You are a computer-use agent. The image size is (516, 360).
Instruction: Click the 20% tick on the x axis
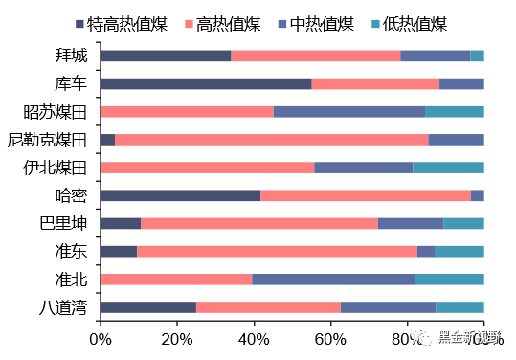[x=177, y=338]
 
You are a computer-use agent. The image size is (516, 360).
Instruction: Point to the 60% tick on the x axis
[x=330, y=338]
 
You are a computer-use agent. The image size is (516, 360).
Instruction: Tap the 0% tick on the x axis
[x=101, y=338]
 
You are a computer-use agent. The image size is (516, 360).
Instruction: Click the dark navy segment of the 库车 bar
[x=206, y=83]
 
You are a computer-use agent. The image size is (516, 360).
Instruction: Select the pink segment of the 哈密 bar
[x=365, y=195]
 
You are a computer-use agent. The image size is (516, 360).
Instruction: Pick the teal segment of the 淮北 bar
[x=449, y=279]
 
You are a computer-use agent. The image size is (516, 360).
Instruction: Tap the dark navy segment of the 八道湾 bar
[x=148, y=307]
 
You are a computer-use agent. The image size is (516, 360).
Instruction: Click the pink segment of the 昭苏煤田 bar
[x=187, y=111]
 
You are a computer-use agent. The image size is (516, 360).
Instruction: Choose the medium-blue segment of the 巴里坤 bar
[x=411, y=223]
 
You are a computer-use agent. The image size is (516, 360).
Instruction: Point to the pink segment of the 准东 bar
[x=277, y=251]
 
